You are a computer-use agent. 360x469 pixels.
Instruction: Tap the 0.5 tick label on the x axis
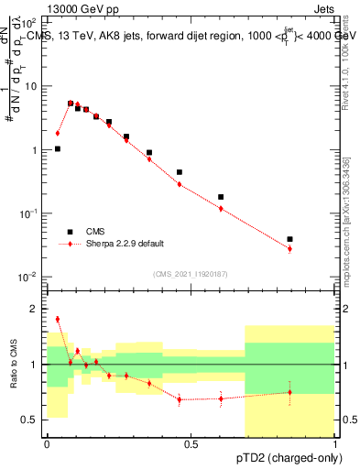click(x=191, y=444)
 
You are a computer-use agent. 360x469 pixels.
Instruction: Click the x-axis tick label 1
click(x=335, y=444)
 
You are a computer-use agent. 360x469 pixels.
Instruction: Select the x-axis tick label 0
click(x=47, y=444)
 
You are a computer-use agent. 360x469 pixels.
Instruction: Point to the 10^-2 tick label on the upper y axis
click(x=29, y=277)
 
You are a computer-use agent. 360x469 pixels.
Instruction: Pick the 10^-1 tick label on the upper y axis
click(x=29, y=213)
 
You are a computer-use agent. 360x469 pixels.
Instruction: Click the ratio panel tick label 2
click(x=34, y=309)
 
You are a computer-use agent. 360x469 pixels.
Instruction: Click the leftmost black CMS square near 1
click(x=58, y=148)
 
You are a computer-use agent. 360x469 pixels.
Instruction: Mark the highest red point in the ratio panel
click(x=58, y=319)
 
